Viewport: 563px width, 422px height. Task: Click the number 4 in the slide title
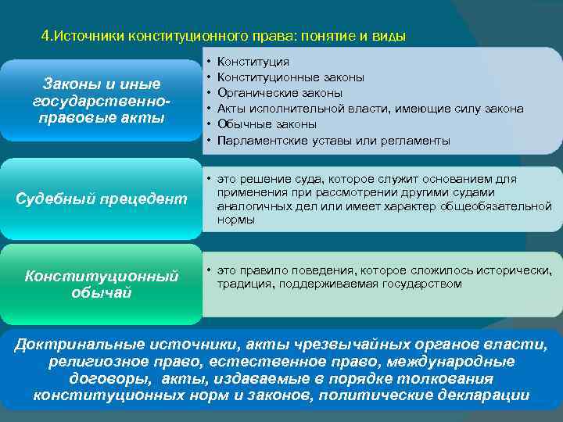(x=45, y=36)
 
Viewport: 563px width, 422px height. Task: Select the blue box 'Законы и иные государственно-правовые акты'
(x=101, y=101)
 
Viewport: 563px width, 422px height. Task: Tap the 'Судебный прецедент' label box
(x=101, y=199)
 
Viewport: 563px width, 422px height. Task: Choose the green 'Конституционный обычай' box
(x=101, y=284)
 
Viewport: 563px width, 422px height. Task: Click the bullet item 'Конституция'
(x=253, y=61)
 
